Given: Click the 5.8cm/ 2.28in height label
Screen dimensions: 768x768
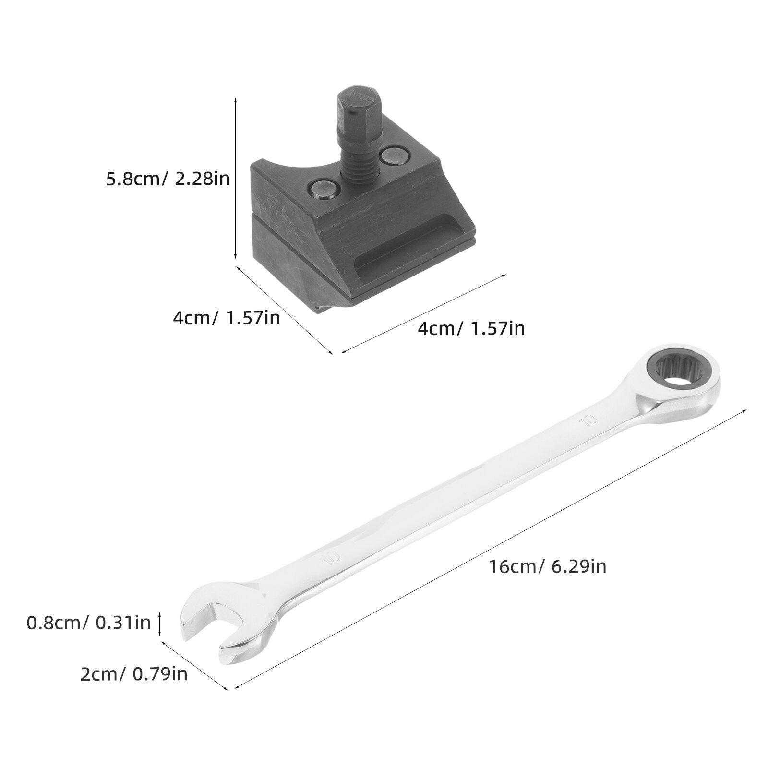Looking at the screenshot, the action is pyautogui.click(x=168, y=179).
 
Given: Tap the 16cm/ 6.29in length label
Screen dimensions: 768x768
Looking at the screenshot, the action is pyautogui.click(x=548, y=566).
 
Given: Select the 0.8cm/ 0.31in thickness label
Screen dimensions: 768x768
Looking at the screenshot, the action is pyautogui.click(x=89, y=623).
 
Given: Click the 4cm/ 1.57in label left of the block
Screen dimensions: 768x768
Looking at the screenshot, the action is pyautogui.click(x=227, y=318).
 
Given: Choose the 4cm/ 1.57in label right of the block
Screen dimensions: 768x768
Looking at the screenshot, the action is pyautogui.click(x=471, y=328).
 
